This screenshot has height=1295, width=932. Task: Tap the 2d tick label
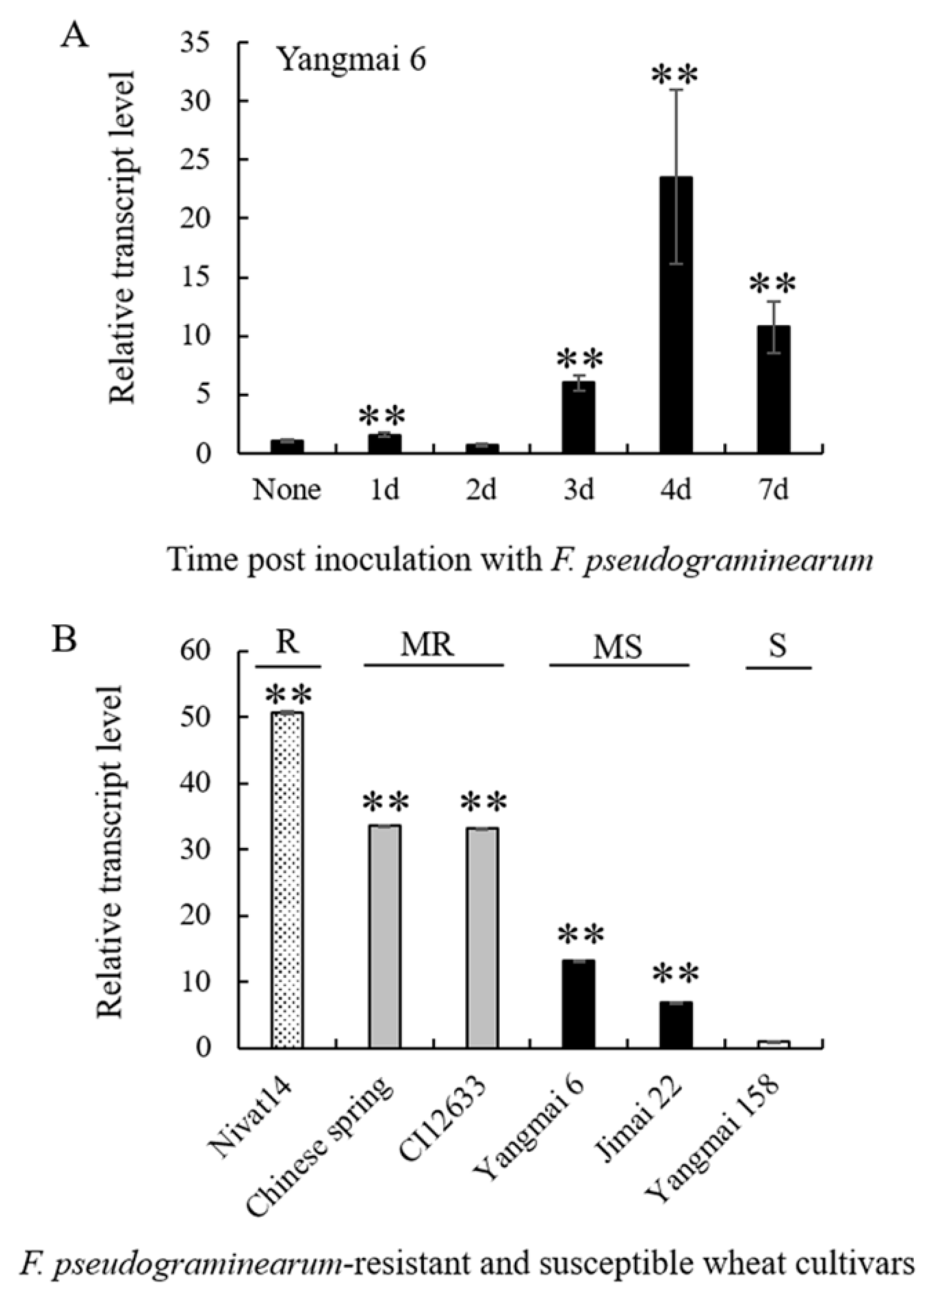(x=481, y=490)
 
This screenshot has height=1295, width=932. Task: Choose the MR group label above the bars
(x=427, y=646)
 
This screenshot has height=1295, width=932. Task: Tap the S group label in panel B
(x=778, y=646)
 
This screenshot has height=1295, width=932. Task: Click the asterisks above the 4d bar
(x=676, y=74)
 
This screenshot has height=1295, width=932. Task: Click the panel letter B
(x=64, y=640)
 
